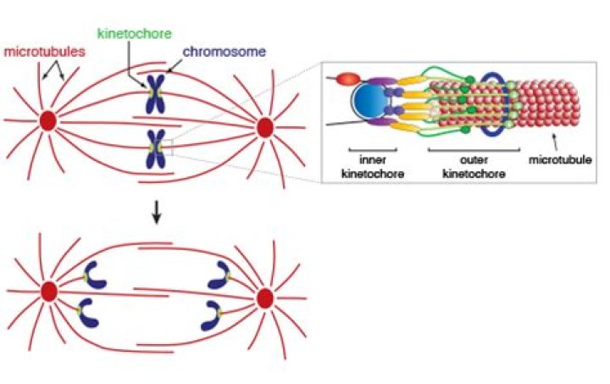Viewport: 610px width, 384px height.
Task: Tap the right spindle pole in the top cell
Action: [x=264, y=127]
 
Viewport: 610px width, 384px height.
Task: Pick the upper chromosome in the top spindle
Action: [x=155, y=92]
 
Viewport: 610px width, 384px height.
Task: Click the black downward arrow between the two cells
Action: [x=156, y=215]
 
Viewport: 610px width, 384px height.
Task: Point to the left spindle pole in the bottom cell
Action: [x=48, y=292]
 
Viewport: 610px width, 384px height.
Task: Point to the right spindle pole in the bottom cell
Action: [x=264, y=298]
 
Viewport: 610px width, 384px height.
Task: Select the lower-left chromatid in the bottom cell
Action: [x=89, y=313]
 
